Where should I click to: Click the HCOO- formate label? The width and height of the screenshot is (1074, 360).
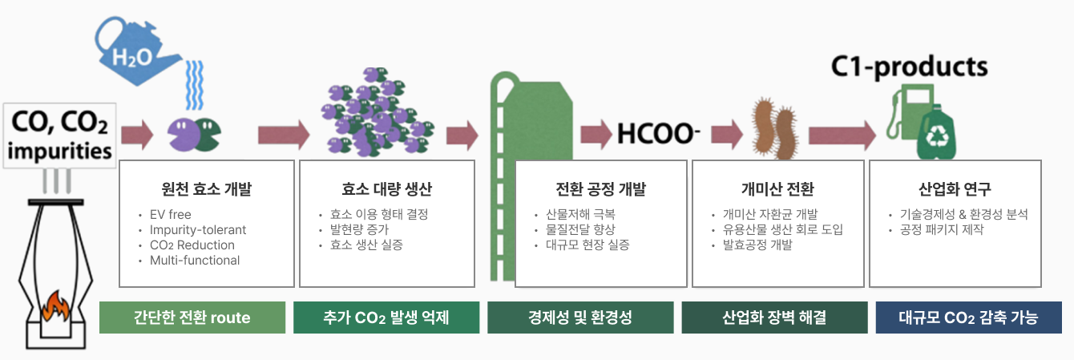coord(658,133)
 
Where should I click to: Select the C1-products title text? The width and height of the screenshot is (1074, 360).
coord(909,67)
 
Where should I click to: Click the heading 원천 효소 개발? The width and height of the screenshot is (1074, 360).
coord(206,189)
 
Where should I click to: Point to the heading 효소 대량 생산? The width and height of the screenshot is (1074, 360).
coord(386,189)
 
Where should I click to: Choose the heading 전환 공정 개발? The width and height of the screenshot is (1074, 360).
coord(600,189)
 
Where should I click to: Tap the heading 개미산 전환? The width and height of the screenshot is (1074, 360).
coord(777,189)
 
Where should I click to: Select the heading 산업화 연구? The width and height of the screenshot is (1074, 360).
coord(955,189)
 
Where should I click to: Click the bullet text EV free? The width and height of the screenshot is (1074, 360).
coord(170,214)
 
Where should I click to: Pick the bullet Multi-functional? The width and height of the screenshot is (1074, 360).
coord(195,261)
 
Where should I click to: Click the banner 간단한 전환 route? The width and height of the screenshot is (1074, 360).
coord(192,318)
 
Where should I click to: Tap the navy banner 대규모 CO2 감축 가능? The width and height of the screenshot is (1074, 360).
coord(968,318)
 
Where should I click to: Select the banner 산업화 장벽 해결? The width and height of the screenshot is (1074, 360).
coord(774,318)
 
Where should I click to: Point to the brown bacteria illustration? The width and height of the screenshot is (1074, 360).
coord(774,128)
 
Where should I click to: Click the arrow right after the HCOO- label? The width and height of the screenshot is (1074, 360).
coord(727,134)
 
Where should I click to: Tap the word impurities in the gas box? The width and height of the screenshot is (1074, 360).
coord(59,151)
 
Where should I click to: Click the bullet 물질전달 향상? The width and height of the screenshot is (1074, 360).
coord(580,229)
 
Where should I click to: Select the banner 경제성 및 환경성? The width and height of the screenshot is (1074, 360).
coord(580,318)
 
